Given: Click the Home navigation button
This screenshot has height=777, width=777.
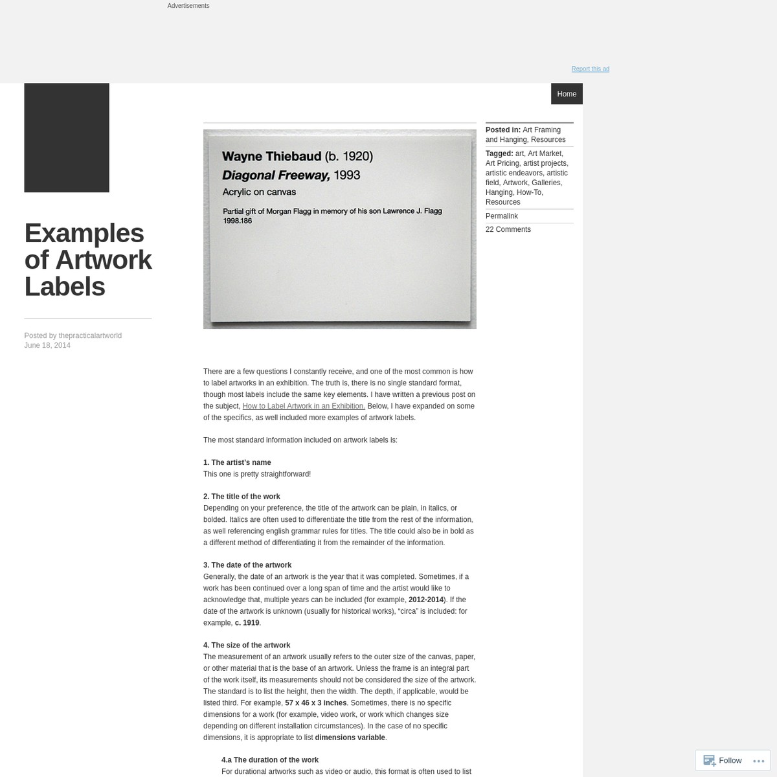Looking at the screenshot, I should (x=567, y=94).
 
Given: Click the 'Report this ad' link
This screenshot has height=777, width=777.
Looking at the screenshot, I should (x=590, y=69).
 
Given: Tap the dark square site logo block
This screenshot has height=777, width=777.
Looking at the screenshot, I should (x=67, y=138).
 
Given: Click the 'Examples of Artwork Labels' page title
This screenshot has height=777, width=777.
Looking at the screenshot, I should (x=88, y=260).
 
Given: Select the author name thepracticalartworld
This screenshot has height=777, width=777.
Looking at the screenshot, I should (x=90, y=335).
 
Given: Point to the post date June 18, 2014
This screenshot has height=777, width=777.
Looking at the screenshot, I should (x=47, y=345).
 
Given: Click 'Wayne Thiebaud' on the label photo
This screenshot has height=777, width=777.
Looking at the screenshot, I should (x=272, y=156).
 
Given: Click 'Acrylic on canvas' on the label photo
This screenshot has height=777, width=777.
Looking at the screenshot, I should (x=259, y=192).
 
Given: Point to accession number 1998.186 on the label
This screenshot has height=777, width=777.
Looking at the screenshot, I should (x=237, y=221).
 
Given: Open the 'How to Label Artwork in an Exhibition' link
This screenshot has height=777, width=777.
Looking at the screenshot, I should (x=304, y=406).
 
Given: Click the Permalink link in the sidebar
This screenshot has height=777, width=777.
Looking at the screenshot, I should (x=502, y=216).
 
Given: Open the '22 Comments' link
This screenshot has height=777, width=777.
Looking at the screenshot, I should (x=508, y=229).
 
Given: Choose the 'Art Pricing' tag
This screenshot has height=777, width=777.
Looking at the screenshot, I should (x=502, y=163).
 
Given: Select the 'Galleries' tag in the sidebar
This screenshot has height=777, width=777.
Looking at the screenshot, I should (x=546, y=183).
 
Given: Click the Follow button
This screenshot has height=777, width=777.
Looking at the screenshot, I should (x=723, y=760).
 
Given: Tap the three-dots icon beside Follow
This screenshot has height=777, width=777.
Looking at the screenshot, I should (x=759, y=761).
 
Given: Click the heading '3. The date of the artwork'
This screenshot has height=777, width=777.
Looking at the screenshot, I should (x=247, y=565).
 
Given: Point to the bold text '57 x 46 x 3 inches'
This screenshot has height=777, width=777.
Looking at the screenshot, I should (x=316, y=703).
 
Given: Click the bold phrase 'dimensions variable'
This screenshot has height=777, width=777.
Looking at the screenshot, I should (x=350, y=738).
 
